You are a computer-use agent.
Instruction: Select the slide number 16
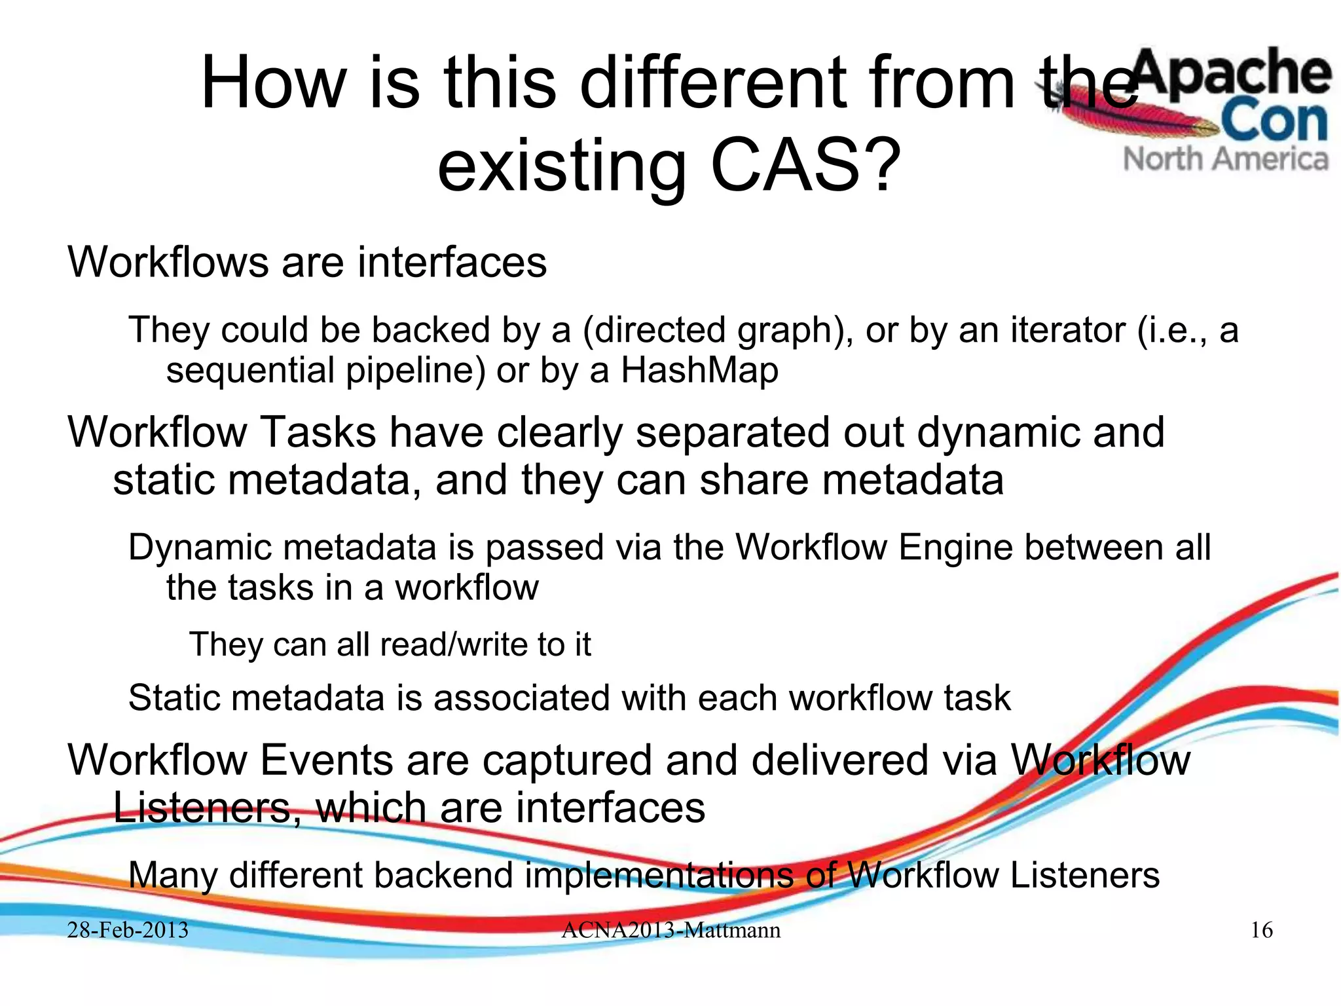(1261, 930)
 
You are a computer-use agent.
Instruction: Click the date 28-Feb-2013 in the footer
(128, 930)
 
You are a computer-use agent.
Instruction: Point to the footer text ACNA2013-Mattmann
(670, 930)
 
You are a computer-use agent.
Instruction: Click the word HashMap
(699, 370)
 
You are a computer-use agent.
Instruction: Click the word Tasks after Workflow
(318, 433)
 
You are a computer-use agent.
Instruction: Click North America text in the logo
(1226, 159)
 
